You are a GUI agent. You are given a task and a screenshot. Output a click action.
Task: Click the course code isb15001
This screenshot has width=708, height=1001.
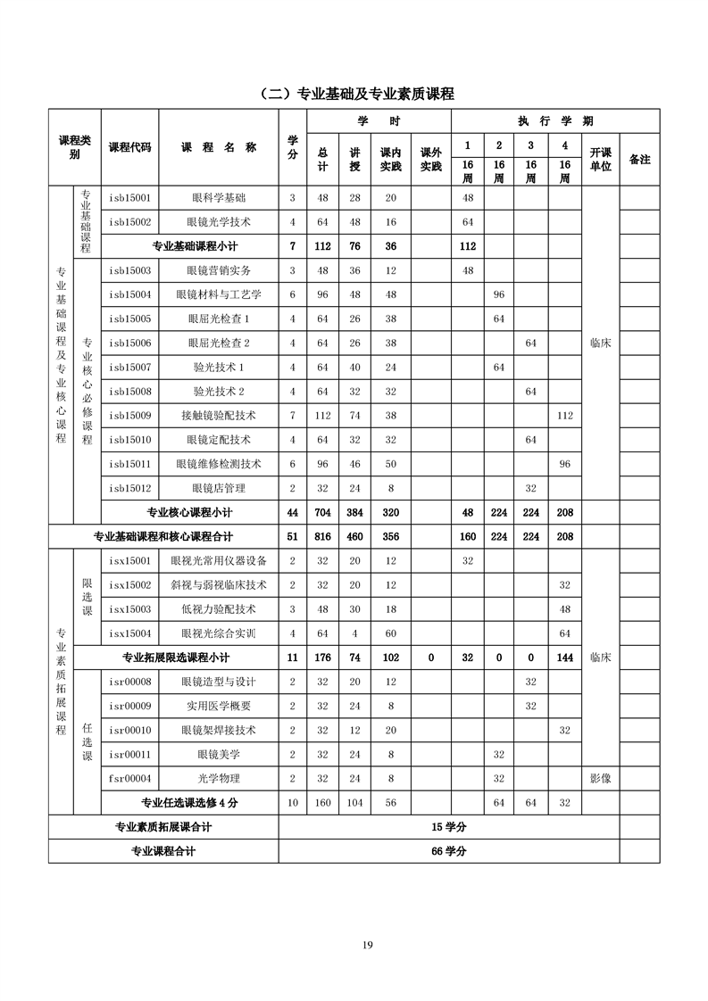129,198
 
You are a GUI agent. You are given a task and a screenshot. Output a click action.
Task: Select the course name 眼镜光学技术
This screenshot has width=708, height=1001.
219,222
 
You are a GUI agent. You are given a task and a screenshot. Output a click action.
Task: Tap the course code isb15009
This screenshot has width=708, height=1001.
129,416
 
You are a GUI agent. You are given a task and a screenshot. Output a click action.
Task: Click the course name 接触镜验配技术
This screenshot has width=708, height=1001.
219,416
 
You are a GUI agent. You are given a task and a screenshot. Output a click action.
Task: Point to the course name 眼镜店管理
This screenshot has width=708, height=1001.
219,488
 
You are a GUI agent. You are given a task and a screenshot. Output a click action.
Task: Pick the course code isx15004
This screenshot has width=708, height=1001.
129,633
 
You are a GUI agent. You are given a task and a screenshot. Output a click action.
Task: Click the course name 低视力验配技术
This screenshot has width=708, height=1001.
219,609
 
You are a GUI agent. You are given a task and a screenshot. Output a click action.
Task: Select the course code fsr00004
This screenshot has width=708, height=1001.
129,778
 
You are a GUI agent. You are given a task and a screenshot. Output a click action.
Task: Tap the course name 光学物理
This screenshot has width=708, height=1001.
219,778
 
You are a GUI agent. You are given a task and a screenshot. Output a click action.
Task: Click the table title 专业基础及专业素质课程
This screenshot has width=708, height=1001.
354,94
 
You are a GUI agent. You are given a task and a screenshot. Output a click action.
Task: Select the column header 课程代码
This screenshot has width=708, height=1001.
129,147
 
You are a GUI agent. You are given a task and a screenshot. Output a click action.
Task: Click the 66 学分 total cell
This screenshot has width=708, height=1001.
449,851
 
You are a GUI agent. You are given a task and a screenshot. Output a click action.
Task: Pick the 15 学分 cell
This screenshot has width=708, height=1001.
449,827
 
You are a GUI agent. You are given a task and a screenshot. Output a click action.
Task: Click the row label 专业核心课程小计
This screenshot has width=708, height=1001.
189,513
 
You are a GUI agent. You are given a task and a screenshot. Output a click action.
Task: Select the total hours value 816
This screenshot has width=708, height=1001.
322,537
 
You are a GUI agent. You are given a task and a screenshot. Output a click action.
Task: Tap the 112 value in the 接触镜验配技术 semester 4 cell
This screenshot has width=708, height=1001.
564,416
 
